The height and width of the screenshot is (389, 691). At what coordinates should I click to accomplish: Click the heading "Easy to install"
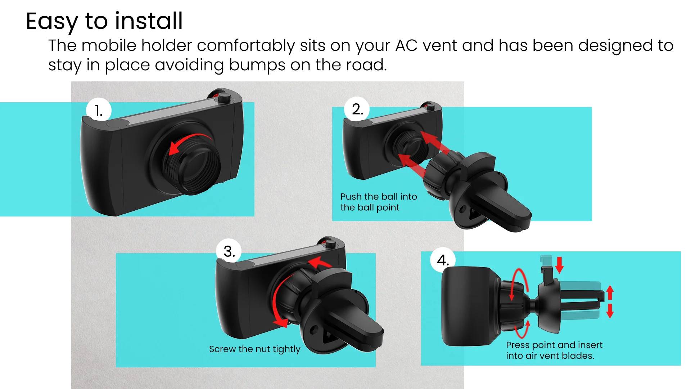104,21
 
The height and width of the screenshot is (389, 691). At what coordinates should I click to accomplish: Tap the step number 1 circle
99,111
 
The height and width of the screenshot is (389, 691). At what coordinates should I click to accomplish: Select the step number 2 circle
357,109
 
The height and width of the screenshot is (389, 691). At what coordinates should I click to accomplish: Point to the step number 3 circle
229,251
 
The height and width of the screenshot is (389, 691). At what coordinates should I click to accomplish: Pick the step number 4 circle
443,260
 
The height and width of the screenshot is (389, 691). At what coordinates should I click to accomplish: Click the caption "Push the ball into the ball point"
379,202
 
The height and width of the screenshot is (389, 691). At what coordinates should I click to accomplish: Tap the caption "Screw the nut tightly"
254,349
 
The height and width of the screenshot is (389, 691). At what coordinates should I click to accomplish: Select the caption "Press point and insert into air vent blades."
554,350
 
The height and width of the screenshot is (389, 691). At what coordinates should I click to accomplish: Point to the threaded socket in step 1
191,164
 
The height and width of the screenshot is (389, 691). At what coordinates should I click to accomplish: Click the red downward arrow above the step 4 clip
559,265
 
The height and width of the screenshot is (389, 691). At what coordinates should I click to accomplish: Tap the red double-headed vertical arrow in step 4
610,301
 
